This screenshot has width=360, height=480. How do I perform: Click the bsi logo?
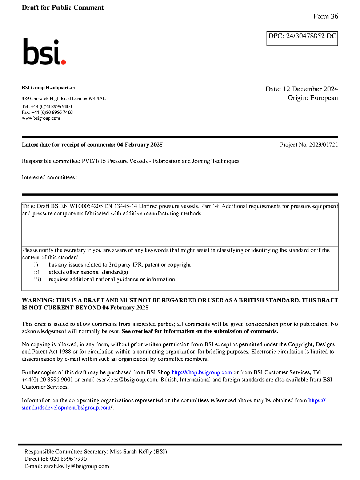[x=44, y=52]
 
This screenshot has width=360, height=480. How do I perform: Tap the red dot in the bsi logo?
[x=64, y=62]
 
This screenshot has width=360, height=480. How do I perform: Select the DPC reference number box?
[x=302, y=38]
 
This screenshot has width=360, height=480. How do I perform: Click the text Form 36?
[x=325, y=16]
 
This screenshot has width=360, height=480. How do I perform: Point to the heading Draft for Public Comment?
[x=63, y=8]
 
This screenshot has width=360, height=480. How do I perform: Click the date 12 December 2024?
[x=310, y=89]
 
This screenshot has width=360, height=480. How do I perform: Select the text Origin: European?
[x=312, y=98]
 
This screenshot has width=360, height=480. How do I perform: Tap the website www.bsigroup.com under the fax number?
[x=41, y=118]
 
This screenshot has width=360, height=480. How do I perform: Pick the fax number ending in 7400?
[x=52, y=112]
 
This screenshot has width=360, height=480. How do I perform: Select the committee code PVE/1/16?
[x=93, y=161]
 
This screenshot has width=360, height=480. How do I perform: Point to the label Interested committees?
[x=49, y=177]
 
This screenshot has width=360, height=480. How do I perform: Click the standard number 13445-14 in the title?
[x=125, y=206]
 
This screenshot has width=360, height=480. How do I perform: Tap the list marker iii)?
[x=37, y=279]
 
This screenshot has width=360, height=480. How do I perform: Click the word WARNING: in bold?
[x=38, y=300]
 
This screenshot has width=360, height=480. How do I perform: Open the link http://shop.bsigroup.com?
[x=201, y=372]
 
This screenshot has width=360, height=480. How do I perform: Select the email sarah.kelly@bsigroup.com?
[x=76, y=466]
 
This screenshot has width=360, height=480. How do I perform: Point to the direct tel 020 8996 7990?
[x=68, y=459]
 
